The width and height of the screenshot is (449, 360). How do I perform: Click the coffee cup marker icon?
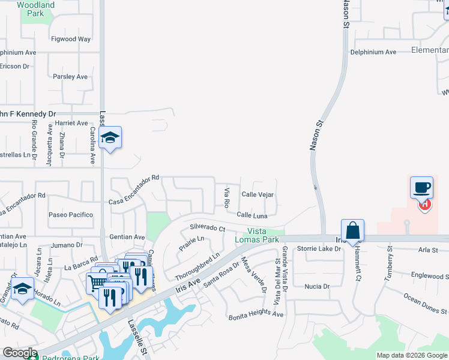(x=421, y=187)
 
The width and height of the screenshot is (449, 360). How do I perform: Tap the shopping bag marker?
(x=352, y=230)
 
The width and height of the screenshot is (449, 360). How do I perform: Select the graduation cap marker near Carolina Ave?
(x=110, y=138)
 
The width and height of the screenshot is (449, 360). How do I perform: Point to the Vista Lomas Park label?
(x=264, y=235)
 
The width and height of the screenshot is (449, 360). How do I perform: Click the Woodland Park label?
(x=35, y=9)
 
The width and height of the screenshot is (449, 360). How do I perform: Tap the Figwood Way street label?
(x=71, y=39)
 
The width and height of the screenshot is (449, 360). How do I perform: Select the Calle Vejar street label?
(x=258, y=194)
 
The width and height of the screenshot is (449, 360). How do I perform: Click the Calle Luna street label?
(x=252, y=215)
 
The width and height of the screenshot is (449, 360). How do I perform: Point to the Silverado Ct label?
(x=207, y=228)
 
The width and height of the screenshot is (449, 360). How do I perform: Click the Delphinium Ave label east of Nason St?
(x=374, y=52)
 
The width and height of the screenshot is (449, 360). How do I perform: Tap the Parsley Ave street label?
(x=70, y=77)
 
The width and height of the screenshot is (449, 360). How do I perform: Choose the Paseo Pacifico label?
(x=71, y=215)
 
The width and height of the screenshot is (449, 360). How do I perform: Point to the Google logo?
(x=20, y=353)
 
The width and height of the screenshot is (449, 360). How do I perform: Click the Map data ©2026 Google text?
(x=412, y=355)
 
